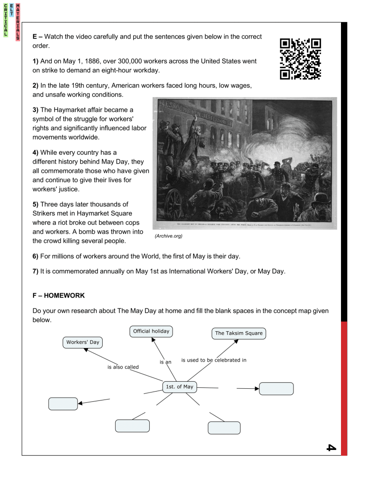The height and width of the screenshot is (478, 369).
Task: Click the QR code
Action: (x=300, y=59)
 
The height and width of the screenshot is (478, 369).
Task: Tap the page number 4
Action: (x=330, y=447)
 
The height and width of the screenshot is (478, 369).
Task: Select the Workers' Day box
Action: (x=83, y=342)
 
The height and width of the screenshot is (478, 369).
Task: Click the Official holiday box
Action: (x=151, y=331)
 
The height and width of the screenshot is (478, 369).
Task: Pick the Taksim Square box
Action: (x=239, y=333)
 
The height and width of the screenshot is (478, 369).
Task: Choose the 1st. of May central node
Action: (x=179, y=386)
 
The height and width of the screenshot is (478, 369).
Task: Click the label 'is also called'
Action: (x=123, y=367)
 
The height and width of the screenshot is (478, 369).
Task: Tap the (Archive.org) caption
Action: (x=168, y=236)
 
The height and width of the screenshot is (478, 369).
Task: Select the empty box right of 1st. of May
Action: (x=276, y=389)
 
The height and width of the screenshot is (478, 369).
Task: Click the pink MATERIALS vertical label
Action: (x=17, y=21)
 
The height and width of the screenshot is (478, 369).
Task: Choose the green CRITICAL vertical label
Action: (x=5, y=20)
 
